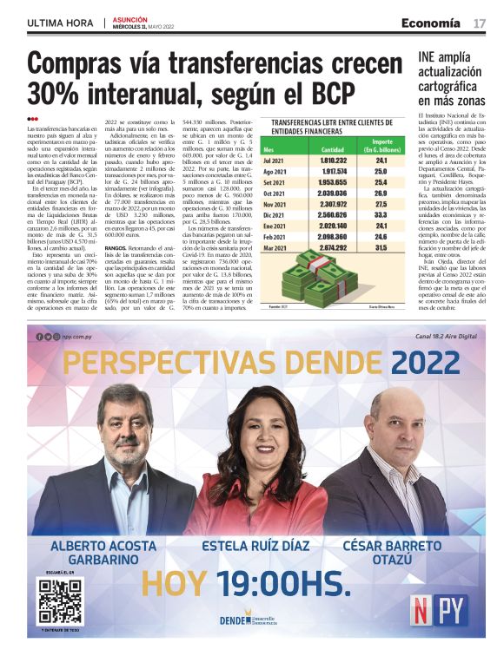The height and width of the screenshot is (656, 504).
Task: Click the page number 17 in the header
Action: pos(479,23)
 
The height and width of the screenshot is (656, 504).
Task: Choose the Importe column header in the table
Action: pos(382,145)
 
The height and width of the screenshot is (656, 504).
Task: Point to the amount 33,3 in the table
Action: pos(381,213)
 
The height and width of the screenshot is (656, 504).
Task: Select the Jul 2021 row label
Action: pos(275,161)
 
